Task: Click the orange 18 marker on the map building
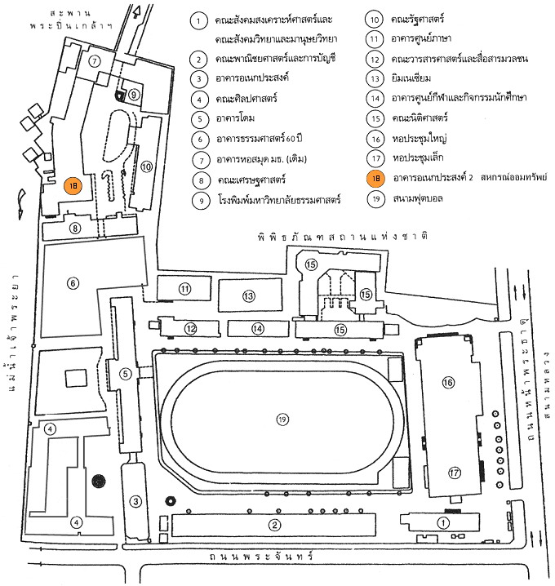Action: tap(73, 186)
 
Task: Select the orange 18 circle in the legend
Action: tap(375, 178)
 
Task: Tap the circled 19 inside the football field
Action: tap(282, 420)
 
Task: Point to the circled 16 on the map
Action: tap(448, 382)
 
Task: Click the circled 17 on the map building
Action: tap(454, 473)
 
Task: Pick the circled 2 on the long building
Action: tap(275, 525)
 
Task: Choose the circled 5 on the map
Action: tap(125, 374)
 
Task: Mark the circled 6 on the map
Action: tap(73, 283)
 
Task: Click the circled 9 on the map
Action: tap(134, 95)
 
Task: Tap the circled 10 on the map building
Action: tap(147, 166)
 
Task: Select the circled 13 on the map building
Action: tap(249, 296)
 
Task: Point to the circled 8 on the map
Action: tap(75, 228)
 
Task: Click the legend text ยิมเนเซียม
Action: tap(411, 78)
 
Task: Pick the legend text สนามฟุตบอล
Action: tap(418, 198)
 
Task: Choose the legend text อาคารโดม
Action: tap(235, 118)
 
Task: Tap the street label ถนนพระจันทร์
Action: tap(260, 556)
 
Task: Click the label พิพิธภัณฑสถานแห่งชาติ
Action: tap(343, 237)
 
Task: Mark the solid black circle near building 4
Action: tap(99, 481)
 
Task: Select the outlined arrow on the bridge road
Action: tap(136, 13)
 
